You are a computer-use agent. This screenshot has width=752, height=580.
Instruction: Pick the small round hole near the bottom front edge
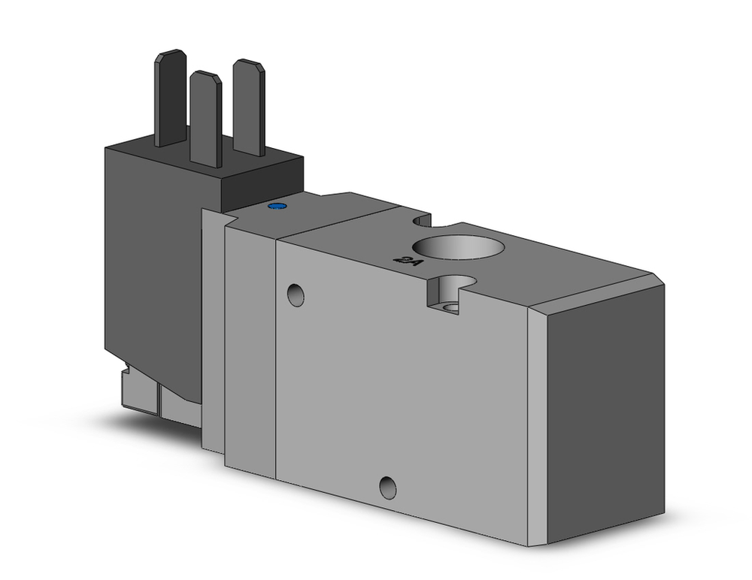(388, 488)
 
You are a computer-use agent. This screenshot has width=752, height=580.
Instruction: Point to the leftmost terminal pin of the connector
(171, 98)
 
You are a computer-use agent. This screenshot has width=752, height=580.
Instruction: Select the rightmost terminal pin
(247, 105)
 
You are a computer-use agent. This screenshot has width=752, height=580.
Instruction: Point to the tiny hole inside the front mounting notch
(451, 308)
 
